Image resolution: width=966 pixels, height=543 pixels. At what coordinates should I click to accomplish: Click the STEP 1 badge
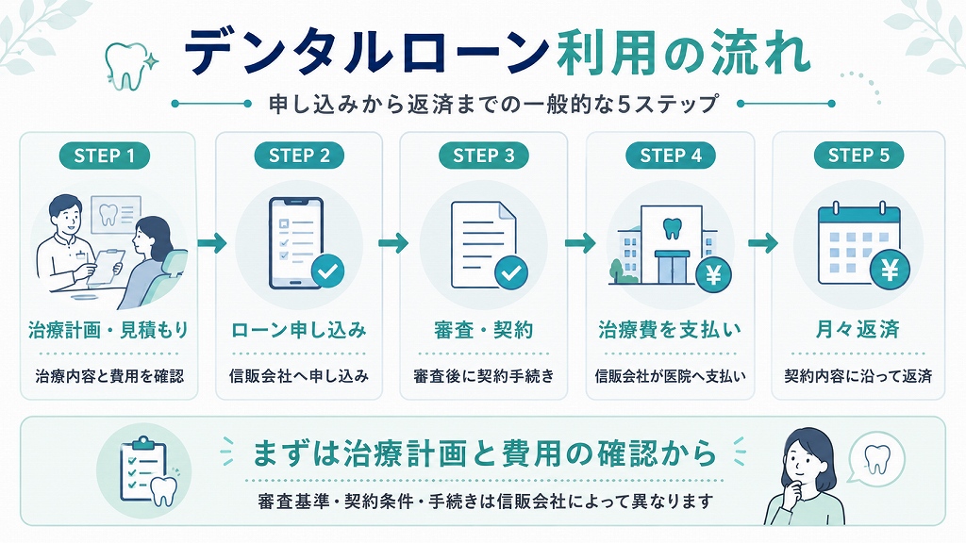[x=104, y=156]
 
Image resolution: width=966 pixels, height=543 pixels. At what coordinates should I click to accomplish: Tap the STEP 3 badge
[x=484, y=156]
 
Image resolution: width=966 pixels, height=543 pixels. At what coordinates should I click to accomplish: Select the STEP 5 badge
[x=858, y=156]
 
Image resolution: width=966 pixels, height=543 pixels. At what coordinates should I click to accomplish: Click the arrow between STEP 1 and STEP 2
[x=212, y=242]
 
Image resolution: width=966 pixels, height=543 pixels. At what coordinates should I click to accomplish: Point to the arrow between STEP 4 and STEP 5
[x=762, y=242]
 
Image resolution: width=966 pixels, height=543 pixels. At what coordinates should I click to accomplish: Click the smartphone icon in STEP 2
[x=295, y=243]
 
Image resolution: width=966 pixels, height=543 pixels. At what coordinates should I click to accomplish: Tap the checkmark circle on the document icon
[x=510, y=272]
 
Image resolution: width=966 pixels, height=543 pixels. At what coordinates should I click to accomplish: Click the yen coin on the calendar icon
[x=890, y=270]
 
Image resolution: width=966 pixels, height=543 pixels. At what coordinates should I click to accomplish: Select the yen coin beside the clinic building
[x=713, y=274]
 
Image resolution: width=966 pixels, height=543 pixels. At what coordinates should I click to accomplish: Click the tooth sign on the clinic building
[x=671, y=228]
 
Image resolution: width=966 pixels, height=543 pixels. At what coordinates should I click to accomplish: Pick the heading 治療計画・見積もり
[x=108, y=330]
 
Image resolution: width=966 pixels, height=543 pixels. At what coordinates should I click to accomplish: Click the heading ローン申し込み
[x=299, y=330]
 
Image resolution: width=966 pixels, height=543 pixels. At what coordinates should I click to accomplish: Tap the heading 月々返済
[x=858, y=329]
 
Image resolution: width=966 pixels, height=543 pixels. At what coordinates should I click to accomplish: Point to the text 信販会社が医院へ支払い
[x=671, y=375]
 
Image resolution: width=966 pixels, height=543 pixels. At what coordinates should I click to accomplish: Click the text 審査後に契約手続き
[x=484, y=375]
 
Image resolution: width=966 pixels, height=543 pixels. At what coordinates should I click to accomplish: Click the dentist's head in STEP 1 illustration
[x=65, y=213]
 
